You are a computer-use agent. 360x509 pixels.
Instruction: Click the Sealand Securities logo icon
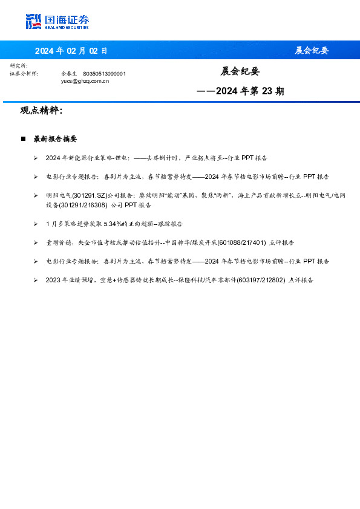pos(33,22)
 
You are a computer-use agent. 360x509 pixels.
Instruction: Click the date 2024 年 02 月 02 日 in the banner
pos(71,51)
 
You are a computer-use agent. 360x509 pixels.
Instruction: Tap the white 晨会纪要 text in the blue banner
pos(312,51)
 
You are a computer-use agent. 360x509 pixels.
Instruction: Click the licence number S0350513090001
pos(103,73)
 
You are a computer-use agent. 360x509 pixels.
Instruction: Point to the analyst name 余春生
pos(70,73)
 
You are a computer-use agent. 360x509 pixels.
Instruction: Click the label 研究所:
pos(19,65)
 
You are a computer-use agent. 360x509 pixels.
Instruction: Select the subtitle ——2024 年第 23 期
pos(240,92)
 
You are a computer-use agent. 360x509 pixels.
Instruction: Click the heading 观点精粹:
pos(41,111)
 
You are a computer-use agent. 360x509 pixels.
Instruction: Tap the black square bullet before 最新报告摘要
pos(23,139)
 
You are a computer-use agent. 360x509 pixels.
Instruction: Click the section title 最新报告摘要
pos(55,139)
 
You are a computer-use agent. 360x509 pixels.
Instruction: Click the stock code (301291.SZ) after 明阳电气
pos(93,196)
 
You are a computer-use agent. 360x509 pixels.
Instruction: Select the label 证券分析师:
pos(25,73)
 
